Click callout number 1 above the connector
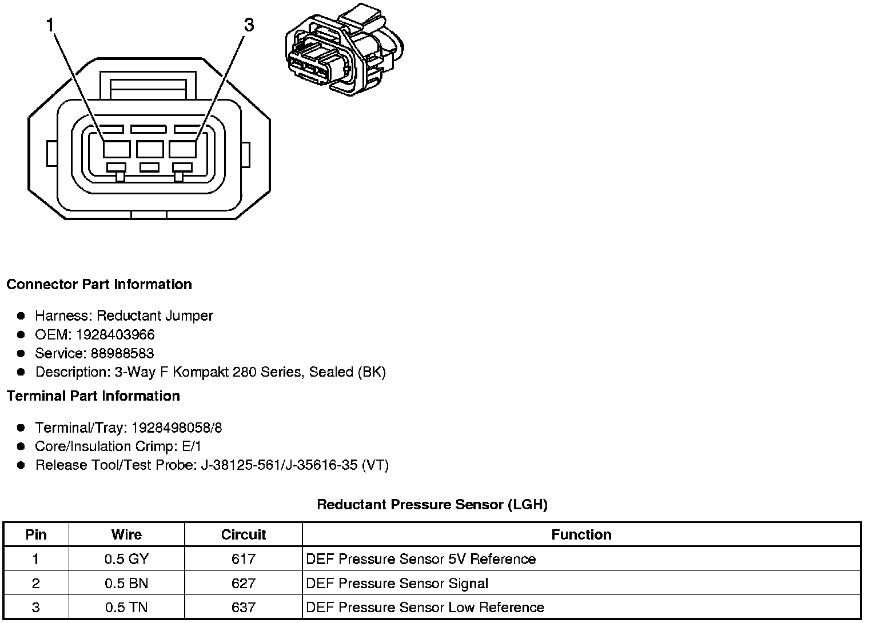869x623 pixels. [51, 25]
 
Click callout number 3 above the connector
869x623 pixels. [249, 25]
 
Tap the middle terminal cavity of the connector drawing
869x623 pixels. [150, 149]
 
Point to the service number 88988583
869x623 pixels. [122, 353]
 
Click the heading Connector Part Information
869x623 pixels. [99, 285]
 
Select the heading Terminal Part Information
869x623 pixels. [93, 396]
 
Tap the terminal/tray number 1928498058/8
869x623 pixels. [177, 428]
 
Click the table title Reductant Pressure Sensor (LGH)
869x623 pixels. [432, 504]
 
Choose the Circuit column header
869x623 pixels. [244, 534]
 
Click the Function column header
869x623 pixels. [581, 534]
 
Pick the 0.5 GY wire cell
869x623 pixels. [126, 559]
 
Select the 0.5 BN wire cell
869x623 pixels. [126, 584]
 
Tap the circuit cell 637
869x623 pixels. [244, 607]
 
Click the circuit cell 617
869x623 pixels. [244, 559]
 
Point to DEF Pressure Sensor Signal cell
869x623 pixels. [397, 584]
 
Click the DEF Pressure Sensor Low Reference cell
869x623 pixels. [425, 607]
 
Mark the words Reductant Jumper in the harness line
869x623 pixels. [154, 316]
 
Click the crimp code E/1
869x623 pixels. [190, 446]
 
